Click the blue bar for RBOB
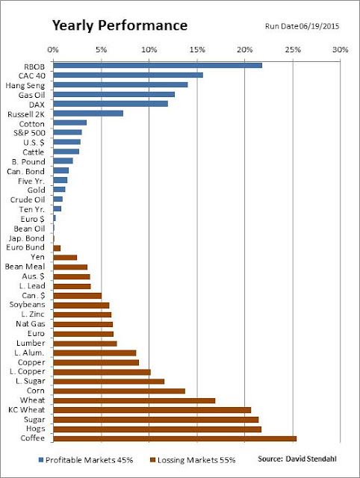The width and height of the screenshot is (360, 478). tap(158, 66)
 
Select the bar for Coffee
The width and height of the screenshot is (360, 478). tap(175, 438)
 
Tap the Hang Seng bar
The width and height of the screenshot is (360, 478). tap(120, 84)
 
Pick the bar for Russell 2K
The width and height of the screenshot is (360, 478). tap(88, 114)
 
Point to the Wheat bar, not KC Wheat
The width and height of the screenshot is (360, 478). tap(134, 400)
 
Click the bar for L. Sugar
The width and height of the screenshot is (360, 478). tap(109, 382)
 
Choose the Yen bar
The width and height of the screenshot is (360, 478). tap(65, 257)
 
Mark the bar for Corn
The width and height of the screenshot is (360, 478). tap(120, 391)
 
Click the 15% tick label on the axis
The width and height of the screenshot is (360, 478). tap(197, 50)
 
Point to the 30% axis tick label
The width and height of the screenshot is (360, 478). tap(340, 50)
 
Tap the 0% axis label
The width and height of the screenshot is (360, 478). tap(53, 50)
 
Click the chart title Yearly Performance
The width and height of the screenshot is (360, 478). tap(120, 25)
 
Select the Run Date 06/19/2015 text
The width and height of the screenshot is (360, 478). tap(302, 26)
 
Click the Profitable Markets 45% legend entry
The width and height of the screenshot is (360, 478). tap(86, 460)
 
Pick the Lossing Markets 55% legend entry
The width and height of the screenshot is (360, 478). tap(193, 460)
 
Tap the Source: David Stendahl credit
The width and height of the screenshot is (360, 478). tap(297, 459)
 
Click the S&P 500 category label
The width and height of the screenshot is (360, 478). tap(29, 133)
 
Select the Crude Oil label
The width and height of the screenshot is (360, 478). tap(28, 199)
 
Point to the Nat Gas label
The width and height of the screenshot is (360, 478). tap(30, 323)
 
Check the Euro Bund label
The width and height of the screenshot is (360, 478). tap(25, 247)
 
